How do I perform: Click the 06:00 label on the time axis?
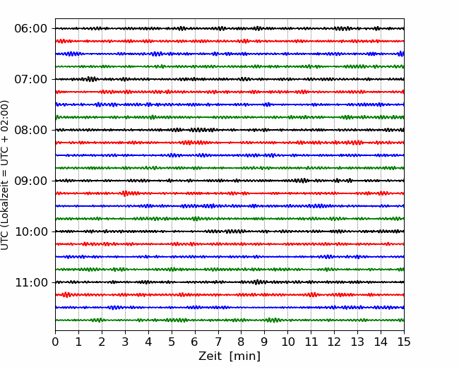tap(31, 29)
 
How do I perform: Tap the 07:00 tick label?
tap(31, 79)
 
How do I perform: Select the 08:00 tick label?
tap(31, 130)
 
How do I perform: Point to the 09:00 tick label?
tap(31, 181)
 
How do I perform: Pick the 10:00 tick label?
tap(31, 231)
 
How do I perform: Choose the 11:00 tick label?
tap(31, 282)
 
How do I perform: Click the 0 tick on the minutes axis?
tap(55, 342)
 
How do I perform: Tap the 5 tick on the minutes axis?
tap(172, 342)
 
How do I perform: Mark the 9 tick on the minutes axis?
tap(265, 342)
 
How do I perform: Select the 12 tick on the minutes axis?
tap(334, 342)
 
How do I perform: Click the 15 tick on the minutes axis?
tap(404, 342)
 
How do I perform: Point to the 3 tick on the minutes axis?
tap(125, 342)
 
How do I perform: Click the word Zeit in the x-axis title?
tap(210, 356)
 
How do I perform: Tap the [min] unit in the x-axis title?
tap(245, 356)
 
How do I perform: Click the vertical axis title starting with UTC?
tap(5, 175)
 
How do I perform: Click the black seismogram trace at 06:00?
tap(229, 28)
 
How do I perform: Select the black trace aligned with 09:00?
tap(229, 181)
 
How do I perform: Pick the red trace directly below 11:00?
tap(229, 295)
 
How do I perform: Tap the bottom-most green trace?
tap(229, 320)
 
